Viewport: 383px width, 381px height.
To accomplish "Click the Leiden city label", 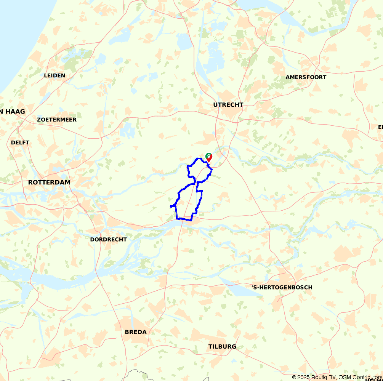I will (54, 75).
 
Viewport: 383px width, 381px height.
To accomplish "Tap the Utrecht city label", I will (228, 105).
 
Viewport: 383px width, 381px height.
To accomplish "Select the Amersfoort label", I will (306, 77).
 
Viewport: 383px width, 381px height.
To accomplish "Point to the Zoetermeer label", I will (57, 120).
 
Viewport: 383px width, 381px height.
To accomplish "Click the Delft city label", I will (20, 142).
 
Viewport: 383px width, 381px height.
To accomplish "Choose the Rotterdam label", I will (49, 182).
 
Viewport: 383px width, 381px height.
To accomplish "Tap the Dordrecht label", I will (108, 240).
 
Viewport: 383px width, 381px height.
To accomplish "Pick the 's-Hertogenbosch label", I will (282, 287).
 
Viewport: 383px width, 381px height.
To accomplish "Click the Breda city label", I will (136, 332).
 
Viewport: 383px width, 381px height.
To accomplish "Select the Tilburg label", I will (222, 347).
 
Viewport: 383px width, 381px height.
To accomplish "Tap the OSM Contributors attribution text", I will (360, 377).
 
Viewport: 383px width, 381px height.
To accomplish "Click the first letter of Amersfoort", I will (288, 77).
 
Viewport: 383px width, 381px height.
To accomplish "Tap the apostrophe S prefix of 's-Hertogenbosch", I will (254, 287).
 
